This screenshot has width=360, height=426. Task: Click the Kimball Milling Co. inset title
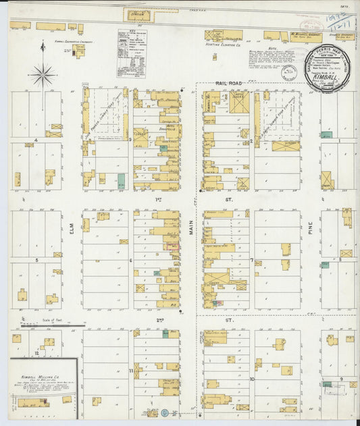click(37, 369)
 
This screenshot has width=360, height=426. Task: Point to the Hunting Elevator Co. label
click(225, 45)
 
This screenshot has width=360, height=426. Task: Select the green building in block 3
click(121, 180)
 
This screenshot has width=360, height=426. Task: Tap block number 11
click(130, 371)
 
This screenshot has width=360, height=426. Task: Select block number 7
click(251, 259)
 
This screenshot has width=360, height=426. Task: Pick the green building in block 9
click(328, 385)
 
